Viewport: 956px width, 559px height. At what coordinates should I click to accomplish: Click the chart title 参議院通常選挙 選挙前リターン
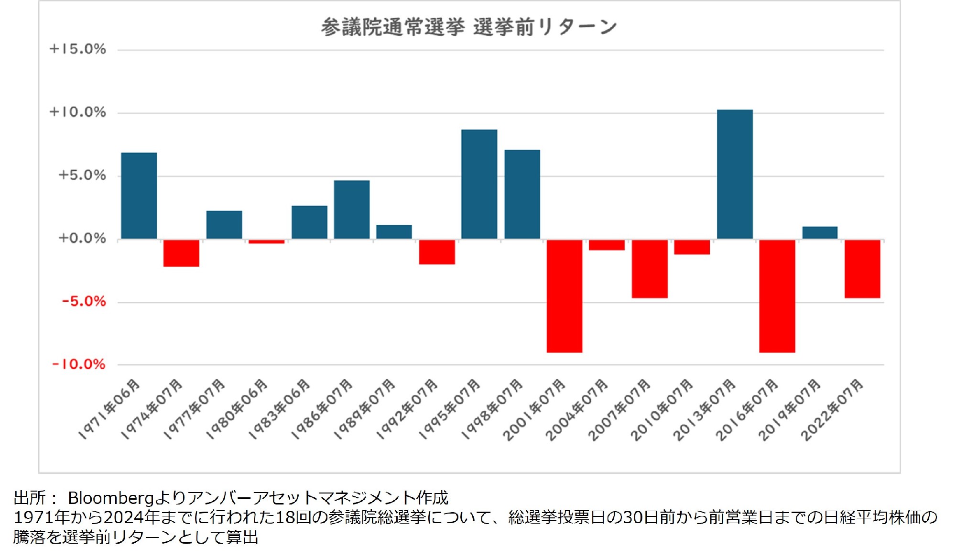(468, 27)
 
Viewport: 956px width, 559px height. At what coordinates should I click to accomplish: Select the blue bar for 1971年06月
(139, 196)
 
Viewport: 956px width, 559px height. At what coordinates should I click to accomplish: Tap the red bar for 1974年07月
(181, 253)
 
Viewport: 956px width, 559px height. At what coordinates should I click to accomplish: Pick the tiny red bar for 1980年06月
(266, 241)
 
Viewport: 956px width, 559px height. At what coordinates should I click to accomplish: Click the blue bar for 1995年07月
(479, 184)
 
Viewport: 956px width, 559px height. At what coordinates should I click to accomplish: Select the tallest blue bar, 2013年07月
(735, 174)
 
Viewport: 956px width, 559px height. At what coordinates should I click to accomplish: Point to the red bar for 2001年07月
(565, 296)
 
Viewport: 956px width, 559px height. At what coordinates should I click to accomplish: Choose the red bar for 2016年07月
(777, 296)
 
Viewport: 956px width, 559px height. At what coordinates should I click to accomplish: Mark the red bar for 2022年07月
(862, 269)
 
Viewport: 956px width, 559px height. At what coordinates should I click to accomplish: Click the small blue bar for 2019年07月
(820, 232)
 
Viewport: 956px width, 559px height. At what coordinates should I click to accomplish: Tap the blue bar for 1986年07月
(352, 209)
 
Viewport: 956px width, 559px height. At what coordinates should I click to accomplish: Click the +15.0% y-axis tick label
(78, 49)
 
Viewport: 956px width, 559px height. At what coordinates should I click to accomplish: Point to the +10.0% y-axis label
(78, 112)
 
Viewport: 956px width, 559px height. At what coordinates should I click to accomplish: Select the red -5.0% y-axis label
(84, 301)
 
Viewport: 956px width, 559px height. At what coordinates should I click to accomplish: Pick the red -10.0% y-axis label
(79, 364)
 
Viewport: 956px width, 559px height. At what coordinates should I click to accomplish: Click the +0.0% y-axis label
(82, 238)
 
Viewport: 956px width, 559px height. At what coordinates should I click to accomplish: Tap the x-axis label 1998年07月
(492, 409)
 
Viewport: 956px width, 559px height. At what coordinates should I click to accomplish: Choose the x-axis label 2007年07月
(619, 410)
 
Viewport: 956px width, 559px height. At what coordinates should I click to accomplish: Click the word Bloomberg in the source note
(110, 498)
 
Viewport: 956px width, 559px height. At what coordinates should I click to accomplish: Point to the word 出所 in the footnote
(30, 498)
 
